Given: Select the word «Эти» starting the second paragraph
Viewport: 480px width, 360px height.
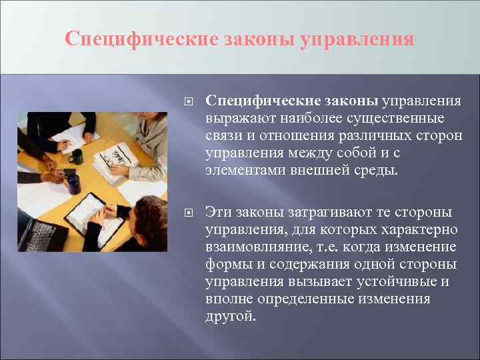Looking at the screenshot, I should (217, 212).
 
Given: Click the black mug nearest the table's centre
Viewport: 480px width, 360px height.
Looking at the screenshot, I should (76, 156).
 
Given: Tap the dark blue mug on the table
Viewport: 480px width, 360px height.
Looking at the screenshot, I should (73, 184).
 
